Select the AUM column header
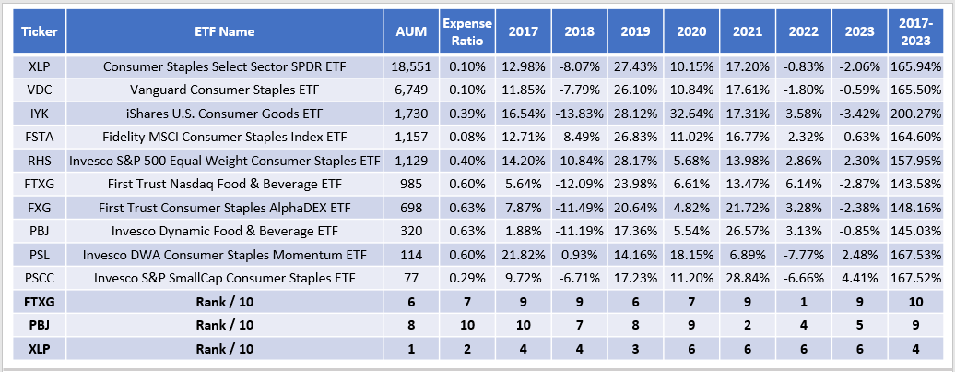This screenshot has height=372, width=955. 411,31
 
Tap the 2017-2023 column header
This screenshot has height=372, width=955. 916,31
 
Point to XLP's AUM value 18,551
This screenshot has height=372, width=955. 411,66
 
